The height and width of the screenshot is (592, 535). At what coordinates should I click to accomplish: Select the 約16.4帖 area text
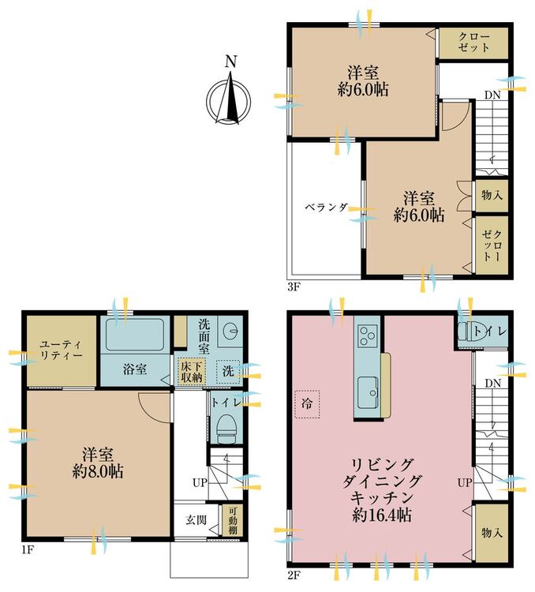click(x=381, y=515)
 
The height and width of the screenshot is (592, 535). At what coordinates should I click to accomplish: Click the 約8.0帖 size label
click(x=98, y=471)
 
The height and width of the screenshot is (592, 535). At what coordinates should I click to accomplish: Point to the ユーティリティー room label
click(x=61, y=350)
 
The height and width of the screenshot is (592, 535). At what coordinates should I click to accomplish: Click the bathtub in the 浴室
click(x=134, y=335)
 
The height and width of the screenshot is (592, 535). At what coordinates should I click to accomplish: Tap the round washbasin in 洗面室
click(x=230, y=332)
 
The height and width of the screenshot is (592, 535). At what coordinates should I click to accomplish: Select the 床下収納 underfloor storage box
click(x=193, y=372)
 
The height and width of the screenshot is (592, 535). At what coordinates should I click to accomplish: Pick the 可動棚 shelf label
click(x=233, y=521)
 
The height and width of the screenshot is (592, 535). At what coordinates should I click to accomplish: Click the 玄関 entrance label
click(x=196, y=520)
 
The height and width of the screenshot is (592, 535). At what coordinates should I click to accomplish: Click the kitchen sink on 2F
click(x=369, y=392)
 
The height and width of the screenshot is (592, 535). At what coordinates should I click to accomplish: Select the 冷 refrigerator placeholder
click(x=307, y=404)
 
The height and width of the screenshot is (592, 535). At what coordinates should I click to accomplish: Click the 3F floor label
click(x=294, y=287)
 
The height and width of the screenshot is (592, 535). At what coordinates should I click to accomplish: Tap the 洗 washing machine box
click(x=228, y=372)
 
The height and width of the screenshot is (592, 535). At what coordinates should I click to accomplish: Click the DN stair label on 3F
click(x=492, y=96)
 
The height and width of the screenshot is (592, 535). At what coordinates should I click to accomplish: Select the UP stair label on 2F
click(x=465, y=482)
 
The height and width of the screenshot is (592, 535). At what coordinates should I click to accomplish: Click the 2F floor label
click(x=294, y=575)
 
